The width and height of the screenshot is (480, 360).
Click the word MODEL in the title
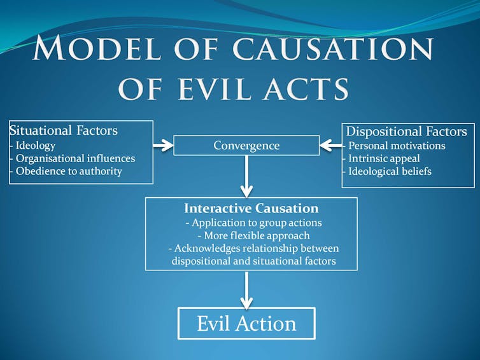[97, 48]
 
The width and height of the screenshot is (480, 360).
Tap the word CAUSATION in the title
[332, 48]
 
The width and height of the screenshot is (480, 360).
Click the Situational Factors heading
[64, 130]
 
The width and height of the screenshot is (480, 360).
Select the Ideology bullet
[32, 146]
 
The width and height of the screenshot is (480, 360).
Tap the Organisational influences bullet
[73, 158]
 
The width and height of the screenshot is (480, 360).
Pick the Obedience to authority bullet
[66, 171]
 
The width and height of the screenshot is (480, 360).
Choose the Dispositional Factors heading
[407, 132]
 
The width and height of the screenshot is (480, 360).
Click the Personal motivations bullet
[394, 146]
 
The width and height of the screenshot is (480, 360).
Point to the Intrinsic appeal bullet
[381, 159]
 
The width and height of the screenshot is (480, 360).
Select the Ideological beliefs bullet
[387, 172]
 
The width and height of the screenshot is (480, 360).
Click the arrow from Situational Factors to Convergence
[163, 145]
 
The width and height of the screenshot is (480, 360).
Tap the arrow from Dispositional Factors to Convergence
[331, 145]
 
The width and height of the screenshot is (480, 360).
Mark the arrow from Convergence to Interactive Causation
[246, 176]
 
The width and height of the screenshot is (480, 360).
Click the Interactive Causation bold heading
[251, 209]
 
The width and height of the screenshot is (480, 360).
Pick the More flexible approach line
[254, 235]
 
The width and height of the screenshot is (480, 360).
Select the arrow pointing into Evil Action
[246, 290]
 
